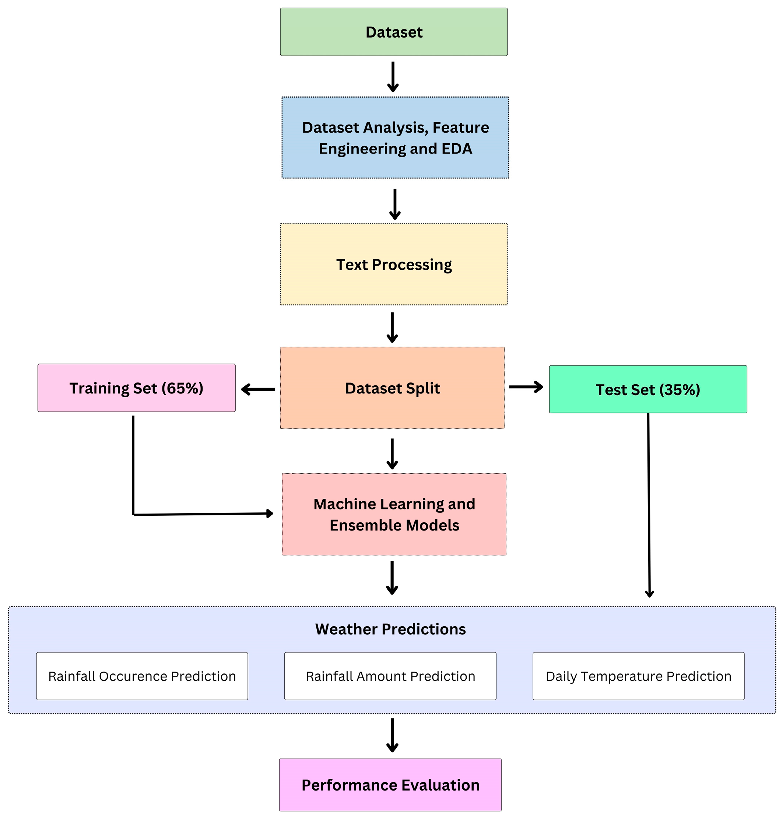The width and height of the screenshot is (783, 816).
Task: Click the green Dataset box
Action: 393,32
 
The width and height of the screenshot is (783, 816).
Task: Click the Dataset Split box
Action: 392,387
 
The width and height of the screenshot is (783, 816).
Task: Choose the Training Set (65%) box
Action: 136,388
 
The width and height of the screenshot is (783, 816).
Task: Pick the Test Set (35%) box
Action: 647,389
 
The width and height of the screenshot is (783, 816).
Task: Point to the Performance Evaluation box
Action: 390,785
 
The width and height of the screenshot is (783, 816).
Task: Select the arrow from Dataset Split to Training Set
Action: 258,389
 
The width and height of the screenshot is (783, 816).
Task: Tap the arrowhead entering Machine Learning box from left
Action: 269,513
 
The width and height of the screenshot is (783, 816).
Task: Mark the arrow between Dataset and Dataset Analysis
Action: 393,77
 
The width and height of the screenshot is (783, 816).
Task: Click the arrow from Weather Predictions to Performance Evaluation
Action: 392,735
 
